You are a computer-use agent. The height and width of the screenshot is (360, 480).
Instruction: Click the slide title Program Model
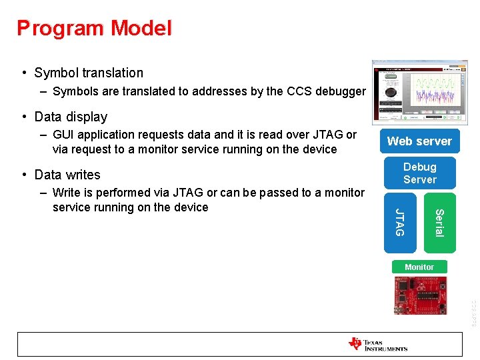coord(94,28)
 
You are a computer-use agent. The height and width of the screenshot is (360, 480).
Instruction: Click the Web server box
coord(419,141)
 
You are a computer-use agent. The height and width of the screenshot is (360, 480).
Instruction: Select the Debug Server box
coord(419,173)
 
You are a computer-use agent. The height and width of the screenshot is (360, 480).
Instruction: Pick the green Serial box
coord(439,223)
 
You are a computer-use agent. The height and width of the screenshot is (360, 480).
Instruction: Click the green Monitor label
coord(419,267)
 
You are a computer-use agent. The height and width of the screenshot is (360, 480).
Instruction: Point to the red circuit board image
coord(419,295)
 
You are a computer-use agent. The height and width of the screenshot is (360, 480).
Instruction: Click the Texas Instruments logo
coord(378,344)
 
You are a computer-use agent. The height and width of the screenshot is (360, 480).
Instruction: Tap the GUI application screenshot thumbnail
coord(419,92)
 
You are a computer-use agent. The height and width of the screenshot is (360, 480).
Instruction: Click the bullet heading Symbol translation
coord(89,73)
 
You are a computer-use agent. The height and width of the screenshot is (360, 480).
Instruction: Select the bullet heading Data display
coord(71,117)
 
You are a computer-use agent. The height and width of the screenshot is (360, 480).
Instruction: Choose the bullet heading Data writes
coord(67,175)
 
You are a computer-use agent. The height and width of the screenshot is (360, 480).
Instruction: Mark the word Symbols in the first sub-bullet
coord(75,91)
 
